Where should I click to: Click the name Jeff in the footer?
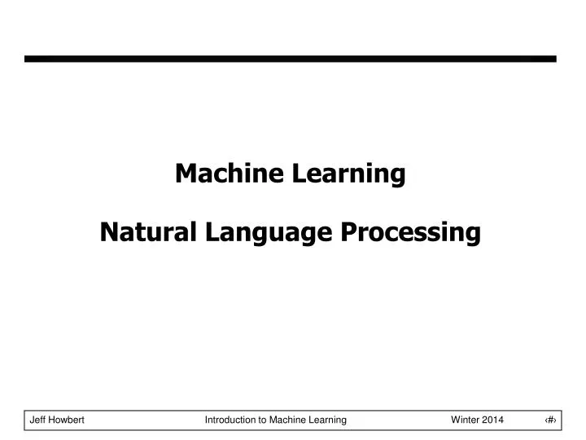tap(37, 420)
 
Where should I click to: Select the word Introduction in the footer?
tap(230, 420)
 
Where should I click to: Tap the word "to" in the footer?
tap(264, 420)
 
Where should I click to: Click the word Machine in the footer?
tap(289, 420)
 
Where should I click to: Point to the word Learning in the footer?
tap(329, 420)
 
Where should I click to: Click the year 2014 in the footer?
tap(493, 420)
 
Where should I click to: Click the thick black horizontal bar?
tap(291, 59)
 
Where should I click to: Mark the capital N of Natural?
tap(108, 233)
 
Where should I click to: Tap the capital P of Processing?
tap(348, 233)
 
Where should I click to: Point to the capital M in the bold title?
tap(186, 174)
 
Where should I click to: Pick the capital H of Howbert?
tap(52, 420)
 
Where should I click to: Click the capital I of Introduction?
tap(206, 420)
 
